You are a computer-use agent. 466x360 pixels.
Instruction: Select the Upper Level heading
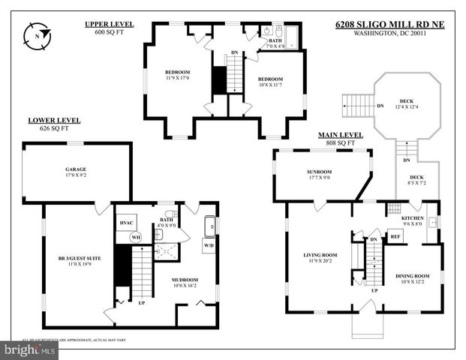pyautogui.click(x=109, y=25)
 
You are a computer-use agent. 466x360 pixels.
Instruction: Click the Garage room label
pyautogui.click(x=75, y=169)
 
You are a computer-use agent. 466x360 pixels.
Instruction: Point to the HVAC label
pyautogui.click(x=126, y=223)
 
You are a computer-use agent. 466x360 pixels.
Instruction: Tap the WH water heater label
pyautogui.click(x=136, y=238)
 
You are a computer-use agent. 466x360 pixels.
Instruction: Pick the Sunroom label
pyautogui.click(x=319, y=172)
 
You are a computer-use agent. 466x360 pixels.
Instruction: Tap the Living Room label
pyautogui.click(x=320, y=255)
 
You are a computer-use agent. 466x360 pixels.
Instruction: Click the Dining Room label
pyautogui.click(x=413, y=276)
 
